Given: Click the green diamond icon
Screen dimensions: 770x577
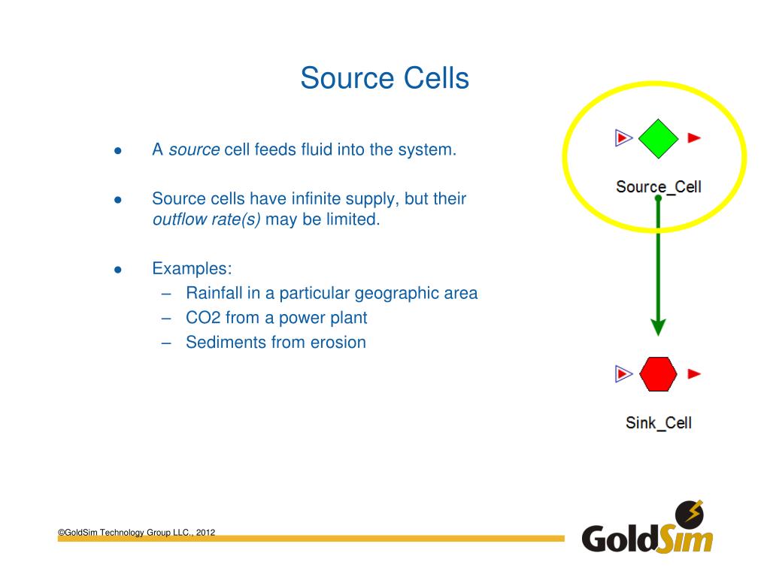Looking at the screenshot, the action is coord(658,138).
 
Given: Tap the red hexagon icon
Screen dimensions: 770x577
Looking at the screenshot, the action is coord(658,373).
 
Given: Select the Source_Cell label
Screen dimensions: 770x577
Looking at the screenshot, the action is coord(658,186).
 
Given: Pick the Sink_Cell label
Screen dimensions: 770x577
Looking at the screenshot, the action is coord(658,422).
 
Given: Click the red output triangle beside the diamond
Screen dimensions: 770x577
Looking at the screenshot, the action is coord(695,137).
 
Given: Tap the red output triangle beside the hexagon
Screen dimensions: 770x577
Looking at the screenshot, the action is coord(695,373).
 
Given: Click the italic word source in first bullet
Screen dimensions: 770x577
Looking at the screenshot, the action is coord(194,150).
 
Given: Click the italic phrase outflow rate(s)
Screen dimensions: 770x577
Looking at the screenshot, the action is coord(206,220).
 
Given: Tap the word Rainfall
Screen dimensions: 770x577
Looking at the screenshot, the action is coord(214,293).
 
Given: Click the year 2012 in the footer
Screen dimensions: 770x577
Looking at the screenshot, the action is coord(206,533).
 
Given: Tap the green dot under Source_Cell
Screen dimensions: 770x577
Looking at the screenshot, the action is coord(658,198).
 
